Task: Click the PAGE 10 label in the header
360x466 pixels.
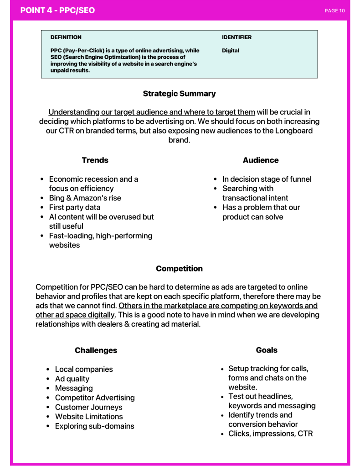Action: [x=334, y=10]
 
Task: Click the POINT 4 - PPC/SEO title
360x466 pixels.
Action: [x=58, y=10]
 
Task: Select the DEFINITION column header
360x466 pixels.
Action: [x=66, y=37]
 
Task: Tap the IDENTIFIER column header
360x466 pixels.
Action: [x=237, y=37]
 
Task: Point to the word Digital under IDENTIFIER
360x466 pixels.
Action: [x=231, y=51]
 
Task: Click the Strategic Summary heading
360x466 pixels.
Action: [x=179, y=93]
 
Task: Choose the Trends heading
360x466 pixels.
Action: [x=95, y=160]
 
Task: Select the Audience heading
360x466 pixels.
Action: [x=261, y=160]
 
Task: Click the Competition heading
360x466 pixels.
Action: [x=179, y=268]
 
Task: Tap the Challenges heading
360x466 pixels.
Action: [x=96, y=350]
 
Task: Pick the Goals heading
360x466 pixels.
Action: [x=267, y=350]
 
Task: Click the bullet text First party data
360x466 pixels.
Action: [x=74, y=207]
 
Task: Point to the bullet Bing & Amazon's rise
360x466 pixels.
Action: [x=85, y=198]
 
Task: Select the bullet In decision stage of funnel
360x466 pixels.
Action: [x=267, y=179]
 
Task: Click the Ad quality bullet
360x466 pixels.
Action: [x=72, y=379]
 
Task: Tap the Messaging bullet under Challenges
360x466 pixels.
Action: [x=74, y=388]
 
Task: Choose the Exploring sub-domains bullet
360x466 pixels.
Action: [x=94, y=426]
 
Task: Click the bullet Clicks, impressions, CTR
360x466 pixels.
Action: [x=270, y=434]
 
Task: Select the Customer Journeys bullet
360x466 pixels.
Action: [x=88, y=407]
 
